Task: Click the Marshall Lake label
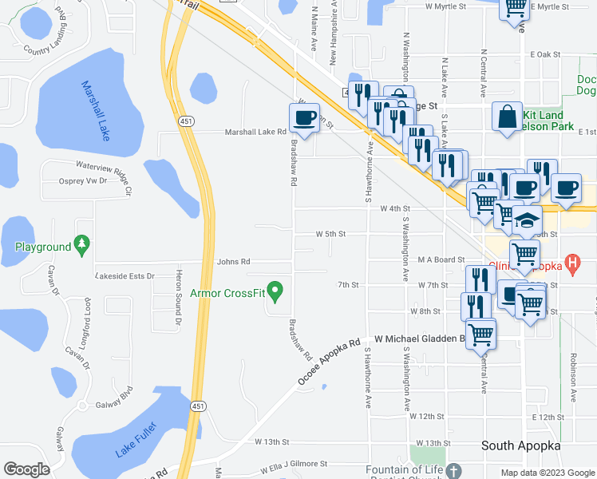[95, 110]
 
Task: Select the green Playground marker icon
[80, 243]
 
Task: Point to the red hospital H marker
[571, 261]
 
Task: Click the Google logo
[27, 469]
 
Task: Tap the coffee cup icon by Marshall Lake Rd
[304, 119]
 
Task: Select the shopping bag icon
[508, 117]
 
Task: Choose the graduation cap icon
[528, 219]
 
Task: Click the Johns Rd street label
[234, 261]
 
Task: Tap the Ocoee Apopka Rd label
[330, 362]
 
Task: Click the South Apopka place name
[520, 445]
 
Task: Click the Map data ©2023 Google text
[547, 473]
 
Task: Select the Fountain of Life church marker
[453, 470]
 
